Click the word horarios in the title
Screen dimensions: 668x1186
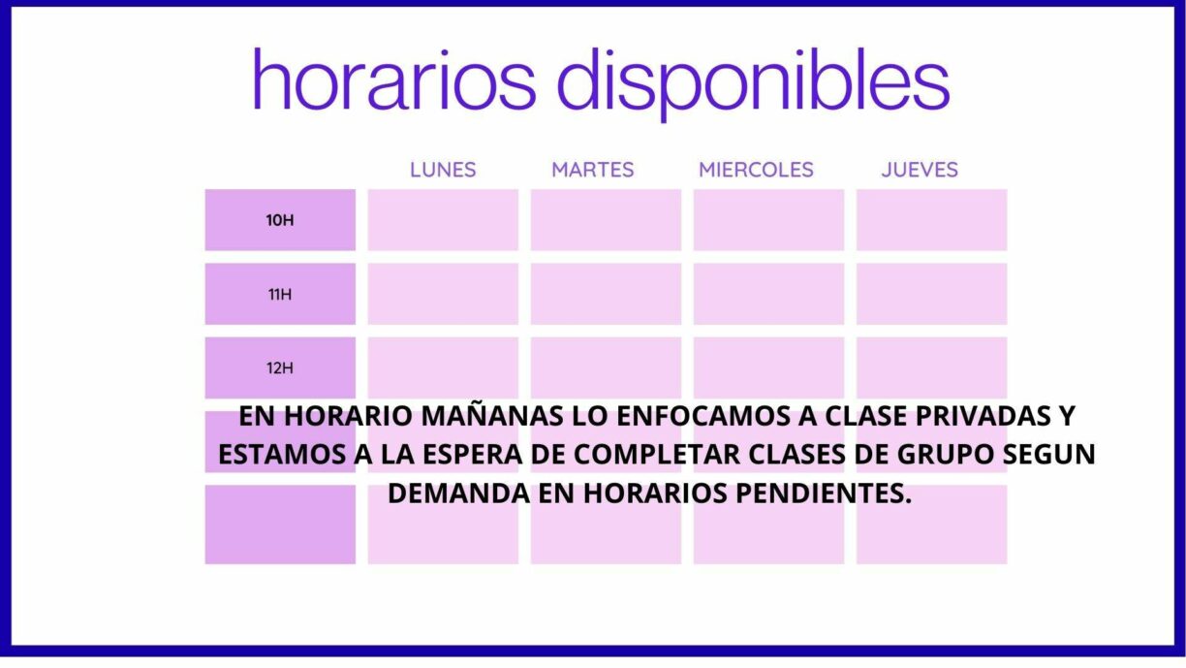(x=393, y=80)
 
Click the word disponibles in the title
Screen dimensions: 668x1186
(x=753, y=80)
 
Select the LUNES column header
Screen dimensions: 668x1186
(x=443, y=170)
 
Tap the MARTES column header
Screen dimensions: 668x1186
(x=592, y=170)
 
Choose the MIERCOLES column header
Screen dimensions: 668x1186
(x=756, y=170)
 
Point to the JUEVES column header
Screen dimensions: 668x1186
(x=920, y=170)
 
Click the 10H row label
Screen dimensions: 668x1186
(x=280, y=220)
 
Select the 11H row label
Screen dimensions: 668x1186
(x=280, y=294)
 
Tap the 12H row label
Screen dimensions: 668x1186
(x=280, y=367)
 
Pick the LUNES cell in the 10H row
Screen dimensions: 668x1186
(x=443, y=220)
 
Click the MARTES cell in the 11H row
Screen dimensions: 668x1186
(x=606, y=294)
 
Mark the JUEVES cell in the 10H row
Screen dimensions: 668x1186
(x=931, y=220)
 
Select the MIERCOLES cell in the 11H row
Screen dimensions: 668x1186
(x=768, y=294)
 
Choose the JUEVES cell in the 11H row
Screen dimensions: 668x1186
(x=931, y=294)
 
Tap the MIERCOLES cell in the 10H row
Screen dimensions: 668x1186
(x=768, y=220)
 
